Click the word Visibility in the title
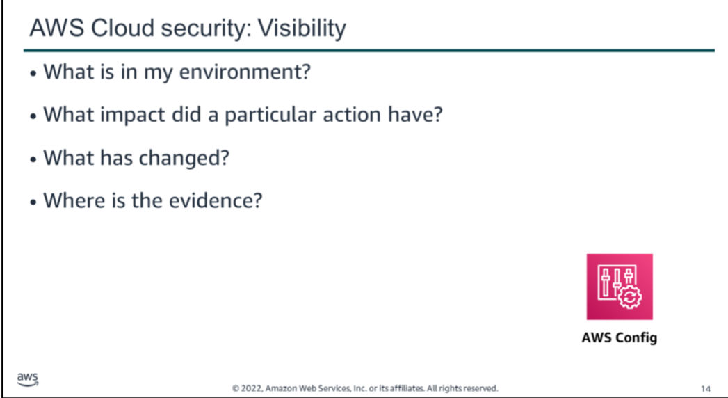tap(302, 29)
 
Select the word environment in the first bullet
tap(245, 72)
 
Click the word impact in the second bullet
tap(133, 116)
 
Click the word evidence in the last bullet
tap(216, 200)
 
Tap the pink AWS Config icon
tap(620, 287)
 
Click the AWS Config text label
tap(620, 337)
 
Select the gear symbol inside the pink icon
tap(629, 297)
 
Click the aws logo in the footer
tap(27, 379)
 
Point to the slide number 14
tap(705, 389)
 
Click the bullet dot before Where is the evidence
tap(33, 202)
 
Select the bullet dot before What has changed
tap(33, 159)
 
